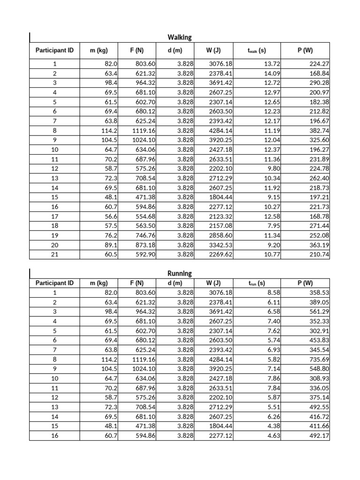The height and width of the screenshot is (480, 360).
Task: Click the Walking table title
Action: tap(180, 37)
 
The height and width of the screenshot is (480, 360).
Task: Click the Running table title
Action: tap(180, 273)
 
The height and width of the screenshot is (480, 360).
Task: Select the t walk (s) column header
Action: tap(256, 49)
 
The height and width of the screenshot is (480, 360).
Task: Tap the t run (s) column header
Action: tap(256, 283)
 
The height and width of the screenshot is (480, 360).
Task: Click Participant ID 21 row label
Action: tap(54, 255)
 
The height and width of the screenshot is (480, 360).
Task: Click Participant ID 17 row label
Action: tap(54, 216)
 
